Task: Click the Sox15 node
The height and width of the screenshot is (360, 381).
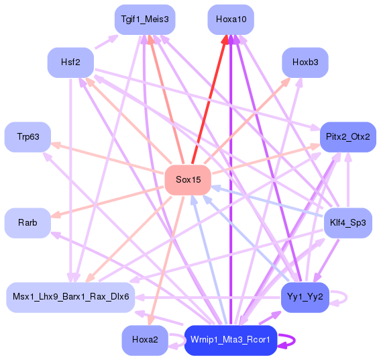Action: (188, 179)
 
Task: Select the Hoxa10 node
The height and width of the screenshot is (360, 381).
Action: (231, 20)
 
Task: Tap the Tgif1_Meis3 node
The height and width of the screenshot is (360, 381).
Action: (145, 20)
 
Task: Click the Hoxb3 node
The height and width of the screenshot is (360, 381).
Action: (305, 62)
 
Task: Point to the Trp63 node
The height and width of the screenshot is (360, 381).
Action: (28, 137)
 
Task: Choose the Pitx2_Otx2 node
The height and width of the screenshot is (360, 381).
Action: (348, 137)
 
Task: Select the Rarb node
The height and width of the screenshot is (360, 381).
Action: (28, 222)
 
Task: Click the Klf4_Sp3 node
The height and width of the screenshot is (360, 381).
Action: (348, 222)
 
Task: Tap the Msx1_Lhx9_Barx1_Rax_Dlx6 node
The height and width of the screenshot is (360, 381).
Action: (70, 296)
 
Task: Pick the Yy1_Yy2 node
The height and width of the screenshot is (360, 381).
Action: (305, 296)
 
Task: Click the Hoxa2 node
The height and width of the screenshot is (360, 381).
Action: (145, 340)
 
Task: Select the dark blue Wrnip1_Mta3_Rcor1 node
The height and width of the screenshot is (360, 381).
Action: (231, 340)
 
